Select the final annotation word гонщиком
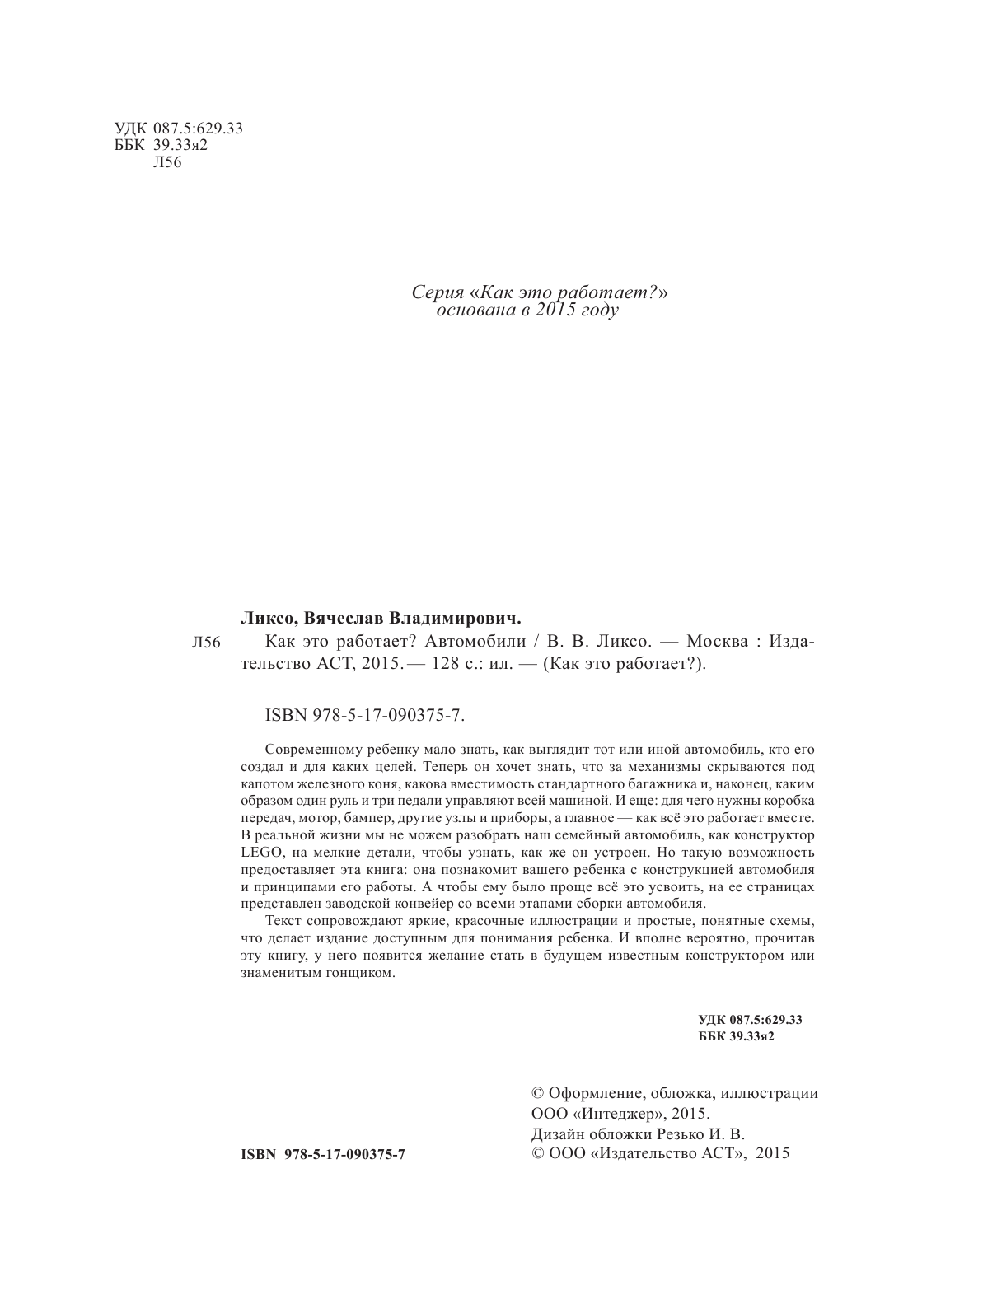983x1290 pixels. (361, 973)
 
